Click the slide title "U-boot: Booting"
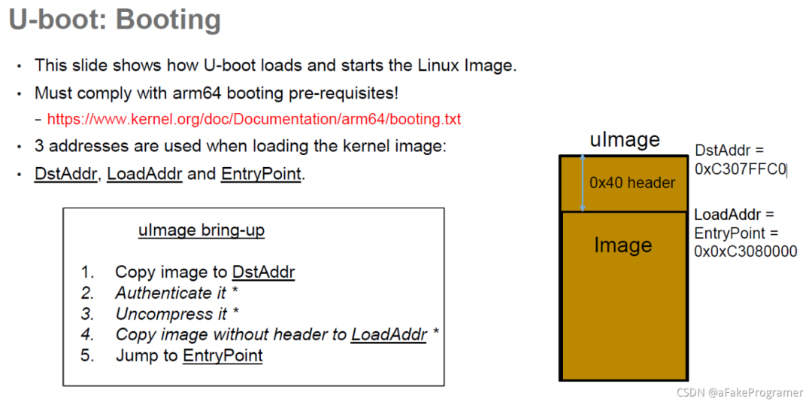click(114, 20)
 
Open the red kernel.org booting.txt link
click(253, 119)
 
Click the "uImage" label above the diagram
click(625, 140)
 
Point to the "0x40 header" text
click(632, 183)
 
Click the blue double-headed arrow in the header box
click(583, 183)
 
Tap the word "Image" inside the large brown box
click(623, 245)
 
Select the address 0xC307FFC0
click(740, 169)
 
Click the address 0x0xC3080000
click(745, 251)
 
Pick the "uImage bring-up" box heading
click(201, 230)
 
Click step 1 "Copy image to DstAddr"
click(204, 272)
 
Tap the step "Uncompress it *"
click(177, 314)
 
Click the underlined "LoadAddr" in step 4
click(389, 334)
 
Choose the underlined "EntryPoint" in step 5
click(223, 355)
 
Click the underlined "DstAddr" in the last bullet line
click(66, 174)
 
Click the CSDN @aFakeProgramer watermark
click(739, 392)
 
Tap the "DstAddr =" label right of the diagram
click(729, 151)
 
